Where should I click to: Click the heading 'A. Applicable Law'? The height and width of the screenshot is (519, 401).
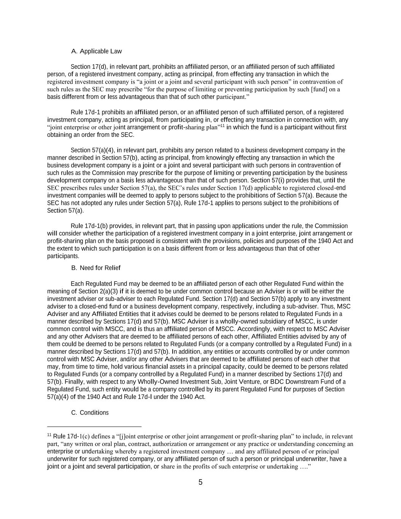(97, 51)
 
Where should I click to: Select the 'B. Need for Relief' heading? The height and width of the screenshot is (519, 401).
(96, 268)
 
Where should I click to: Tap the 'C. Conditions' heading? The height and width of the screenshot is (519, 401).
(90, 413)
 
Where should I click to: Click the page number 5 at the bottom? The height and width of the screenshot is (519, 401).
(200, 482)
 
